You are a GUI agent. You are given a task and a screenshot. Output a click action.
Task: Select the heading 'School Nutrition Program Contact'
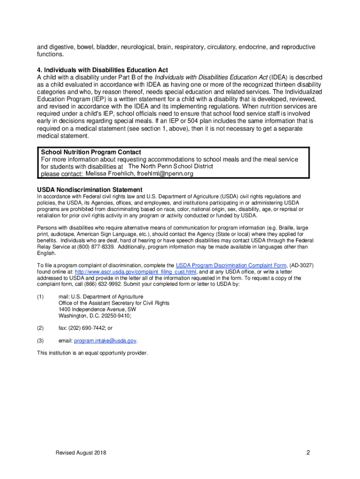click(x=91, y=152)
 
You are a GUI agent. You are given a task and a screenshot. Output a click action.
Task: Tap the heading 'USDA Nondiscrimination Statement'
click(x=90, y=189)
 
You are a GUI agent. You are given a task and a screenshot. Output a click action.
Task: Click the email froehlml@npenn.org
click(x=165, y=174)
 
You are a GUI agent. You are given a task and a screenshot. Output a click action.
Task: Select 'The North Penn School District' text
click(x=171, y=167)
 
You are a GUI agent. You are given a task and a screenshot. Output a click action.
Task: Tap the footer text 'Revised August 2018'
click(x=80, y=453)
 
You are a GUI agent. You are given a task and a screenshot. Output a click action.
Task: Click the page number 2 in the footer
click(x=309, y=452)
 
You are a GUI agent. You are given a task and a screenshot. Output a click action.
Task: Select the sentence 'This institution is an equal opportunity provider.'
click(x=92, y=353)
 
